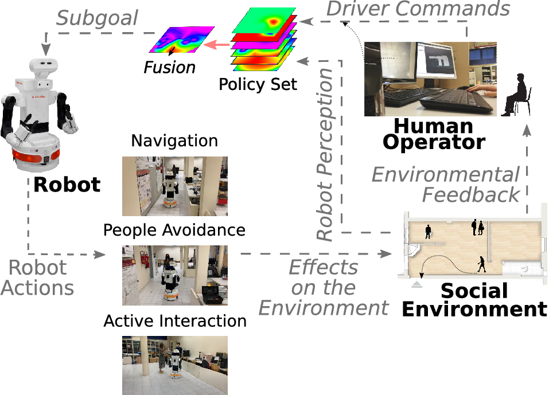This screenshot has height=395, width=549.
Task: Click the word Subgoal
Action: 97,18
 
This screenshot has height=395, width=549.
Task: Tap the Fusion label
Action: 169,68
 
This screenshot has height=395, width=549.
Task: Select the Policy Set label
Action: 258,85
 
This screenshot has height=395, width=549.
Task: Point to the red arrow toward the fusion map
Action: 219,44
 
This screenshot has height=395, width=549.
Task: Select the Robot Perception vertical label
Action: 325,155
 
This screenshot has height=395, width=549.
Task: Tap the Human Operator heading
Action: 434,134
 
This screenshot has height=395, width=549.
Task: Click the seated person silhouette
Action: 517,95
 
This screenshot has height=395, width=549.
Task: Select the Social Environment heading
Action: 474,300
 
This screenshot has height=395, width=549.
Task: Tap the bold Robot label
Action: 67,185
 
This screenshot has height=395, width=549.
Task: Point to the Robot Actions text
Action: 38,277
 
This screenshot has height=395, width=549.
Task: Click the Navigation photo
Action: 174,186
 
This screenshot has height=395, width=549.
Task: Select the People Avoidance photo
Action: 174,275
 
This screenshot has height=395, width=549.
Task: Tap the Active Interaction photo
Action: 174,365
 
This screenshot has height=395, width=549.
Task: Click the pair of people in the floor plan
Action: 477,228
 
